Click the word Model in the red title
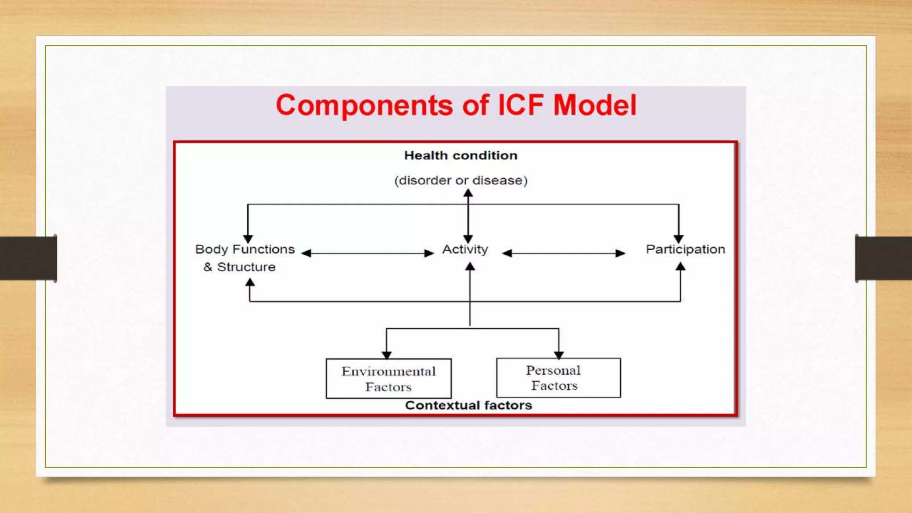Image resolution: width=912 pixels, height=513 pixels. coord(595,106)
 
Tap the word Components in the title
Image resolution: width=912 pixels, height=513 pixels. coord(364,106)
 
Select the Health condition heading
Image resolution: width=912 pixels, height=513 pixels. coord(460,155)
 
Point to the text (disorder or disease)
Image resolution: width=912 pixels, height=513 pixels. coord(460,180)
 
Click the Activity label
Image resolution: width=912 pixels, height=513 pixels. coord(465,249)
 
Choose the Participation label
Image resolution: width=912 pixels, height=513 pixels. coord(685,249)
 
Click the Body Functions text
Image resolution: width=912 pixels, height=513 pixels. coord(245,249)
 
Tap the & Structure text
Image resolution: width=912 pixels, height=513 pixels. coord(240,267)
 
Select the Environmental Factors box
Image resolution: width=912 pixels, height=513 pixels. coord(388,379)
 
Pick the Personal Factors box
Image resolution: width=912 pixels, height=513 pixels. coord(558,378)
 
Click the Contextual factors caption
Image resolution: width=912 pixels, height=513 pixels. coord(468,405)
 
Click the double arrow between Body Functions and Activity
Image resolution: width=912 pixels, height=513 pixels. coord(368,253)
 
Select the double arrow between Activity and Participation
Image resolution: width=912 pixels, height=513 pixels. coord(564,253)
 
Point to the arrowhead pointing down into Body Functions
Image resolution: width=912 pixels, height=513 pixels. coord(248,239)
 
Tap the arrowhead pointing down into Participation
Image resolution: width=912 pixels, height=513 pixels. coord(679,239)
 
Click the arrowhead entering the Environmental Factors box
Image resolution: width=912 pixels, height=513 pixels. coord(387,354)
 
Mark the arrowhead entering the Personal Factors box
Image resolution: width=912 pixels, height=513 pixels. coord(559,354)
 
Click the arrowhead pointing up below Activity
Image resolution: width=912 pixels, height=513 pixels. coord(470,267)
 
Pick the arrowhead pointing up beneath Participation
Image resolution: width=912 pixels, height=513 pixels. coord(680,267)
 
